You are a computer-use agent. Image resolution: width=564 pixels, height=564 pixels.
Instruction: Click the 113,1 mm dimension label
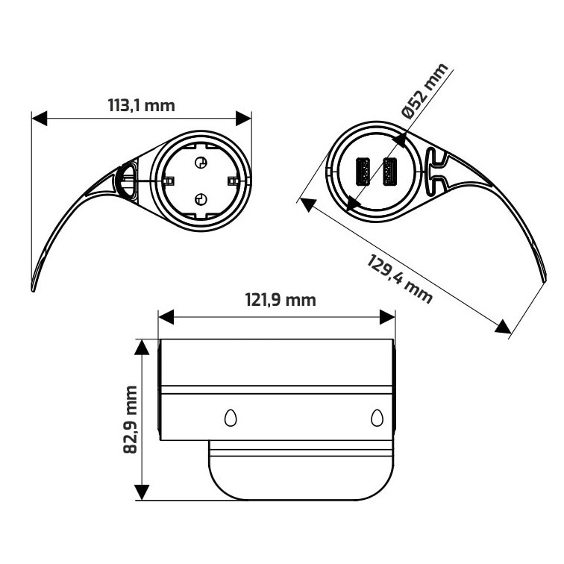142,105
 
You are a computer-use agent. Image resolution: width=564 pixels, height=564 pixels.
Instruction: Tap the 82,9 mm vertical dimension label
131,419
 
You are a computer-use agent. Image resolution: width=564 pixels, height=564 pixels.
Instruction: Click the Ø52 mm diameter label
424,91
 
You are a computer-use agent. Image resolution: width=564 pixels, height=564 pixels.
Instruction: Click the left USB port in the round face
364,172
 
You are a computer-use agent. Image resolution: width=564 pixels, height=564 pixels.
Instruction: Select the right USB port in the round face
389,172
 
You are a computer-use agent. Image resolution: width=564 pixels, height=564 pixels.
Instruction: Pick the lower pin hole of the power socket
200,198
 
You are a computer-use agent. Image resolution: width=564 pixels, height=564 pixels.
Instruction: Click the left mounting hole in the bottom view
231,419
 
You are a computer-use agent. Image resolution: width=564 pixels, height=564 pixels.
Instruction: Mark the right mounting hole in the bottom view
377,419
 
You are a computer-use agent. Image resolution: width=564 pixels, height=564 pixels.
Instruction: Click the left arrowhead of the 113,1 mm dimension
40,118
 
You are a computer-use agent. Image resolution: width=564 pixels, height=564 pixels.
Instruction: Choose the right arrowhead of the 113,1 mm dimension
243,118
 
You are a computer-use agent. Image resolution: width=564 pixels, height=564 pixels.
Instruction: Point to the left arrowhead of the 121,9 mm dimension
166,317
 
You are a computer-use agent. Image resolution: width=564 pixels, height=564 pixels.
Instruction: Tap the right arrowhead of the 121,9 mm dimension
386,317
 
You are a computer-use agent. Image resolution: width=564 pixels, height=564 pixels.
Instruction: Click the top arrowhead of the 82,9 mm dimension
142,348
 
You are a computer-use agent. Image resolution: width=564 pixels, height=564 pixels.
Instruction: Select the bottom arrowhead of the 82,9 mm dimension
142,492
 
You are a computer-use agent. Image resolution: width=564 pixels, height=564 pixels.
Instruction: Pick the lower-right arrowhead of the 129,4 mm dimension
503,326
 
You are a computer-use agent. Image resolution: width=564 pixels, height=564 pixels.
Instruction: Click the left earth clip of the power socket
168,181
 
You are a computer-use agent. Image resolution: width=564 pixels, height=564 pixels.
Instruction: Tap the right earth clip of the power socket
232,181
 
